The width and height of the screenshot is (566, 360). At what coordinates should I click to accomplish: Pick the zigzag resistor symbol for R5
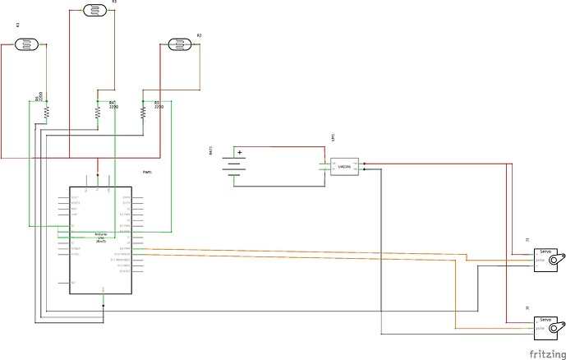click(x=144, y=112)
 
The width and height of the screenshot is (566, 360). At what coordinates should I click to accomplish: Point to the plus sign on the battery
click(x=240, y=152)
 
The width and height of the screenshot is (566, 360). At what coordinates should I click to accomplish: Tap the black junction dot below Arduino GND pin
click(x=103, y=305)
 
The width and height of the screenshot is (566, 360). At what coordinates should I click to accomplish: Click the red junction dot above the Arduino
click(x=98, y=175)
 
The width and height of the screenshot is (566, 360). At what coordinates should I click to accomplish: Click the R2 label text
click(x=199, y=36)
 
